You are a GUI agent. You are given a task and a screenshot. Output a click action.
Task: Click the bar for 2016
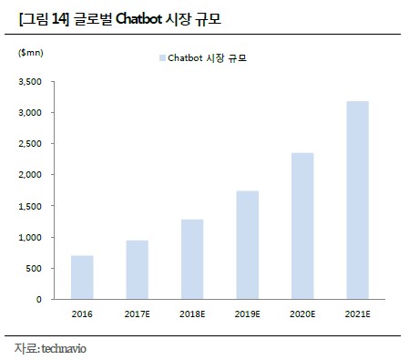(x=82, y=277)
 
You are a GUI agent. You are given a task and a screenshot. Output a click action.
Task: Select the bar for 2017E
(x=137, y=270)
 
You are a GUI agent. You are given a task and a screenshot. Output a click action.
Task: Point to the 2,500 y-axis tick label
(x=30, y=144)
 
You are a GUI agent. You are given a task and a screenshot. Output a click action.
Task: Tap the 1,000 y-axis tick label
(x=30, y=237)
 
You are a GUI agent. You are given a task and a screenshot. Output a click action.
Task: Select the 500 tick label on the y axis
(x=34, y=268)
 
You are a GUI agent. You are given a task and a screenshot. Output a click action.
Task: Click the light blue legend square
(x=161, y=58)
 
